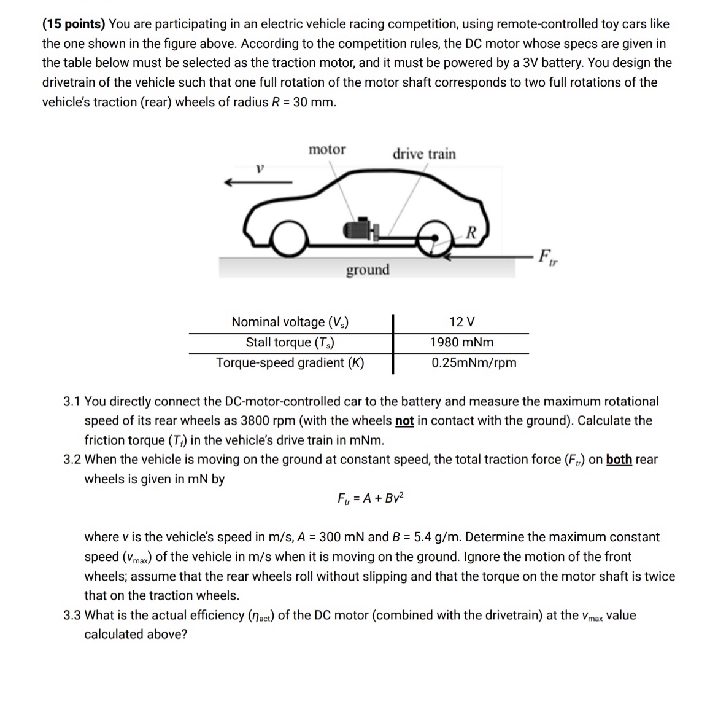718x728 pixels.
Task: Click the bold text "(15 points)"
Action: click(74, 25)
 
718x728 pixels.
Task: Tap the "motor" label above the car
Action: click(327, 150)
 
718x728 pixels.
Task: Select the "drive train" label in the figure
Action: click(424, 154)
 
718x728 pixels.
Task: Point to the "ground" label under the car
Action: click(368, 270)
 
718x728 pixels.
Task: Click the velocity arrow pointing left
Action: click(258, 182)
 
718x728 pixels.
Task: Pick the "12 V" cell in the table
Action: click(461, 322)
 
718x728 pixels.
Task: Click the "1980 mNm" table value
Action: click(461, 342)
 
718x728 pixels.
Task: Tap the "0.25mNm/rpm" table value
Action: click(474, 362)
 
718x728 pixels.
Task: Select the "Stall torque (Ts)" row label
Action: click(290, 342)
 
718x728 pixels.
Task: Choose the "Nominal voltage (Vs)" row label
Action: click(290, 322)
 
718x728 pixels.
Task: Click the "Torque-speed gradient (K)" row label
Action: click(290, 362)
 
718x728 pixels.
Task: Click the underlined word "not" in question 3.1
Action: click(404, 421)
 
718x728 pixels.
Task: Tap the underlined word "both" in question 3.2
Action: click(619, 460)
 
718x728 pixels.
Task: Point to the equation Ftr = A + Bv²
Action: click(371, 498)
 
